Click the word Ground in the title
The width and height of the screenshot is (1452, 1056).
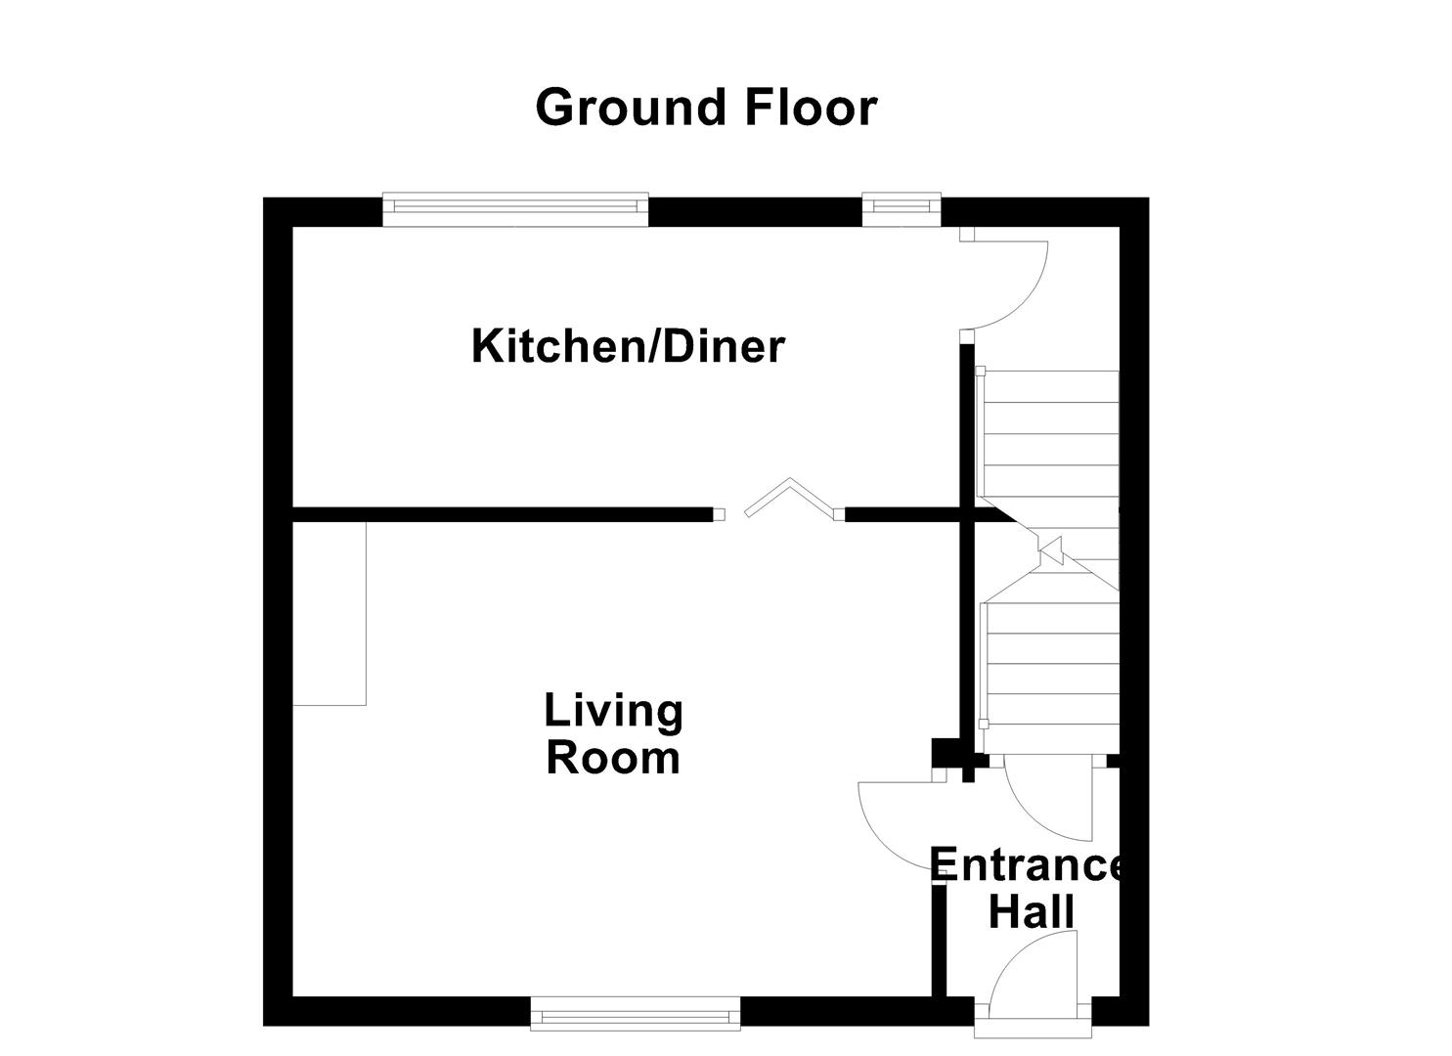point(633,108)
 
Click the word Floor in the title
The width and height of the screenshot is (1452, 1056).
point(811,108)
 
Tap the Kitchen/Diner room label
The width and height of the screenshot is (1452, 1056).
point(628,347)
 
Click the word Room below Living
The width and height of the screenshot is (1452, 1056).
point(613,759)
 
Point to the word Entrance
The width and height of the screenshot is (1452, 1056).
point(1027,866)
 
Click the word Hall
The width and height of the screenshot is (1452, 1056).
point(1032,912)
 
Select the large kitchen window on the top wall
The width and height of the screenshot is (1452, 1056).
point(514,207)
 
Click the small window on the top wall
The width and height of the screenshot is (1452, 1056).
point(901,206)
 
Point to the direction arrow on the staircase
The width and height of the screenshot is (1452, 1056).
point(1052,550)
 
